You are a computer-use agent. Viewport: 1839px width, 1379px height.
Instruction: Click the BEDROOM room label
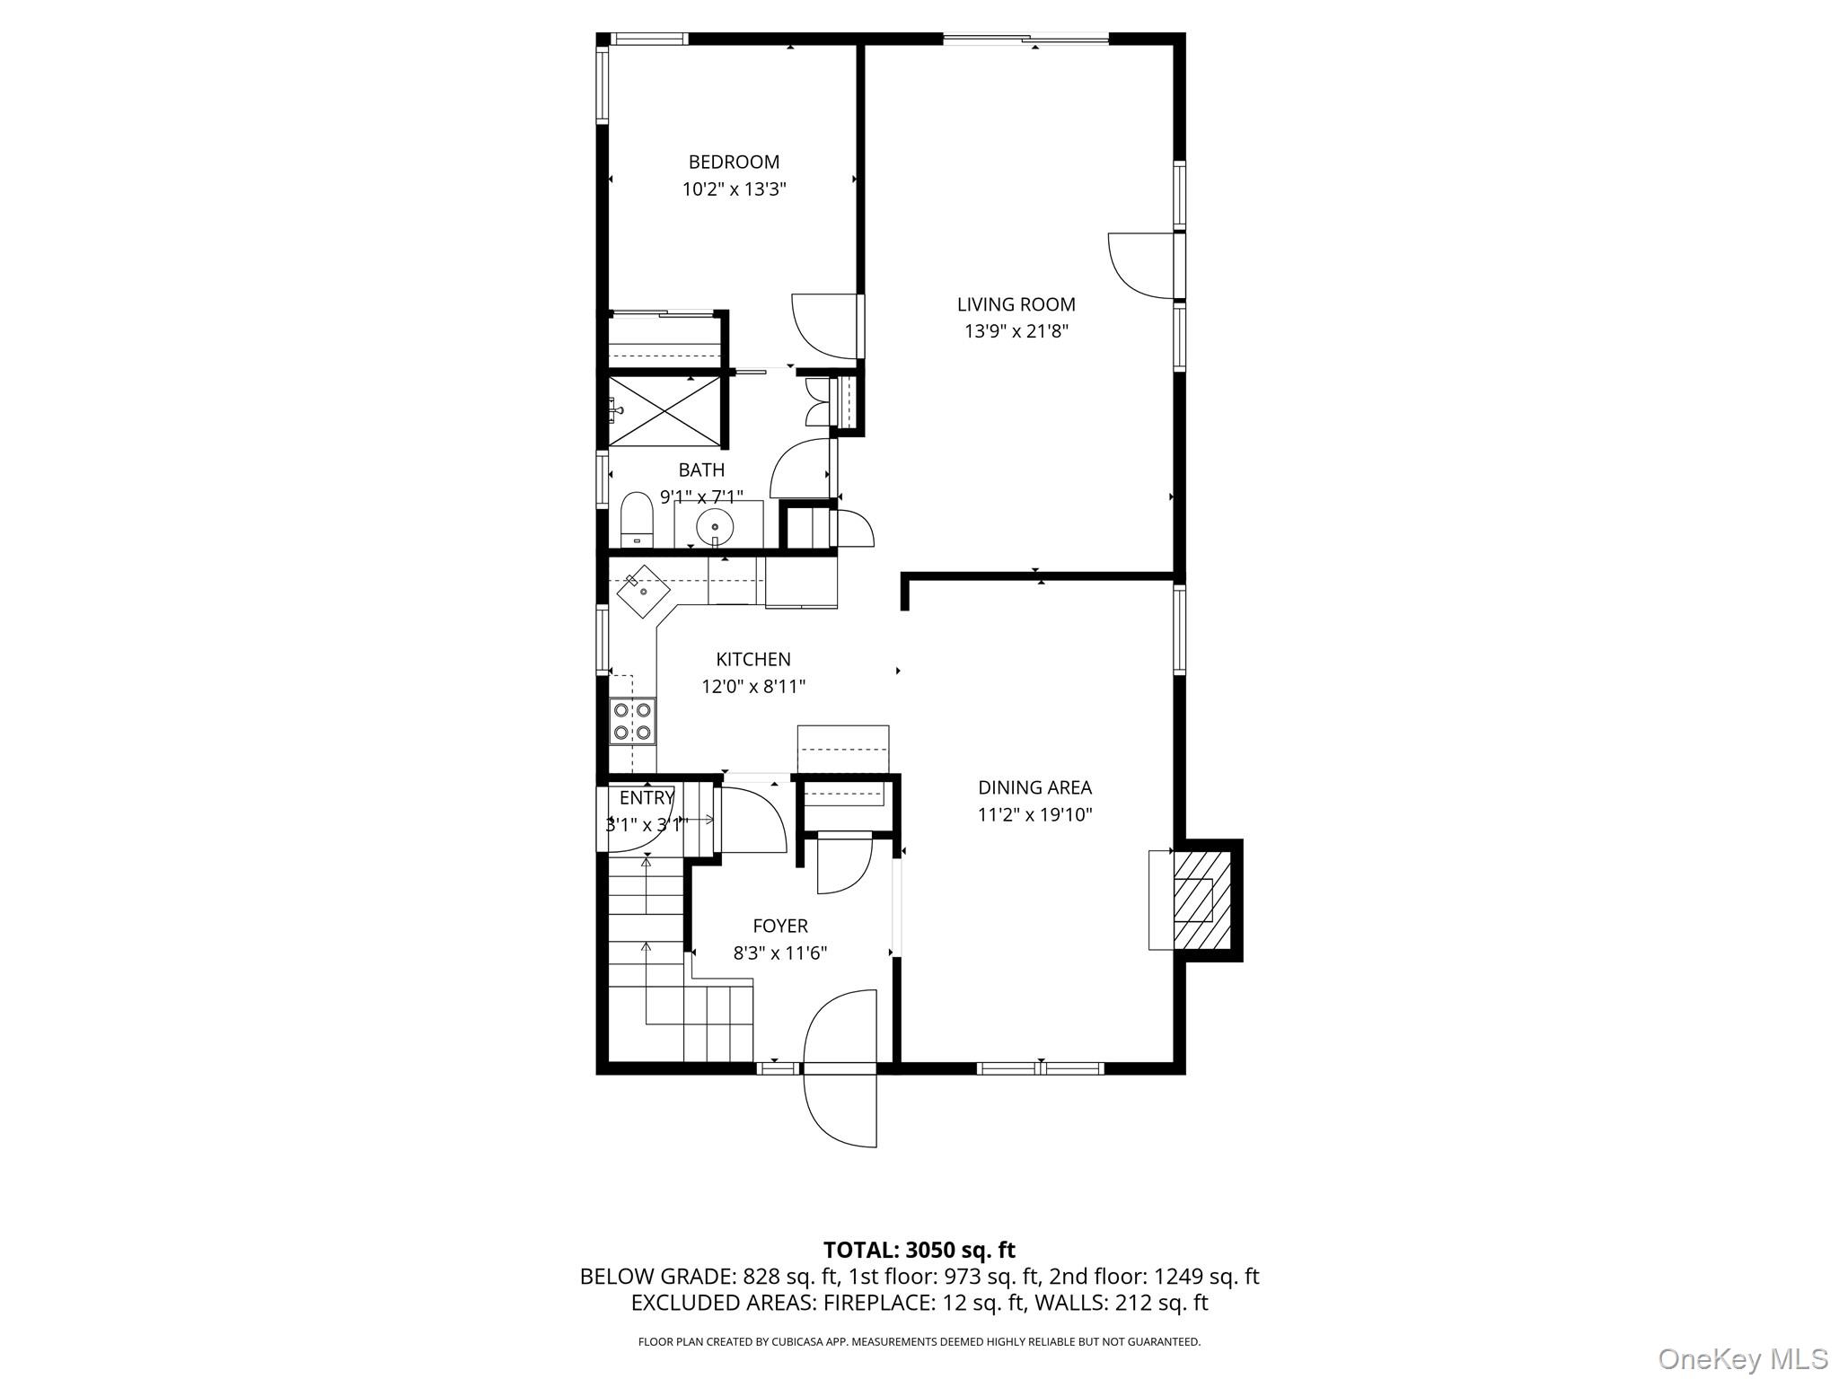coord(734,162)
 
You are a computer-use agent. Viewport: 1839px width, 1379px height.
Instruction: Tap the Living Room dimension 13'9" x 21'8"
coord(1016,331)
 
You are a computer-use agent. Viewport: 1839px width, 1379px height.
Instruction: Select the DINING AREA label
coord(1034,787)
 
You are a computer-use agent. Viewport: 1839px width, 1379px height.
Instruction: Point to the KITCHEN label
coord(752,659)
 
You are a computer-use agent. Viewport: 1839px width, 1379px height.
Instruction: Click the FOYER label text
coord(779,926)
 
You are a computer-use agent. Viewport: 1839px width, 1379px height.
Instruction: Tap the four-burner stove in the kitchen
coord(632,720)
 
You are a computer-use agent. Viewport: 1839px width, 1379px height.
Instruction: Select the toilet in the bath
coord(637,518)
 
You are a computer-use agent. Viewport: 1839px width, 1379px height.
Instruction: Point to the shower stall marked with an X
coord(664,410)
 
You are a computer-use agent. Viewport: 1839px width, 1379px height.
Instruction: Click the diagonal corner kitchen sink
coord(643,591)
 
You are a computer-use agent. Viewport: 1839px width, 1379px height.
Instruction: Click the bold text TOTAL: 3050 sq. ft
coord(919,1250)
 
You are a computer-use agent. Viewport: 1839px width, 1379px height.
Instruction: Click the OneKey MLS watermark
coord(1742,1358)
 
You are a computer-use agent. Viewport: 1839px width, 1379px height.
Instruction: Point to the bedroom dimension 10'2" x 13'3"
coord(734,189)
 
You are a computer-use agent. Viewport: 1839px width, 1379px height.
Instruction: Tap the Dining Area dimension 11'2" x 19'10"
coord(1034,815)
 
